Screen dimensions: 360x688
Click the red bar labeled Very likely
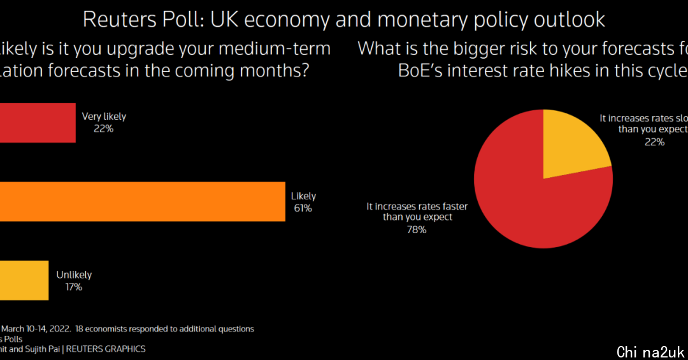(37, 122)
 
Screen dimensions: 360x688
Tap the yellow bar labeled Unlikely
(24, 280)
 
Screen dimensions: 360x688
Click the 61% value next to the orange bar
(303, 208)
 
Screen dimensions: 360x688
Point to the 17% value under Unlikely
(74, 287)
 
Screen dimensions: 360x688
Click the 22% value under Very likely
(104, 128)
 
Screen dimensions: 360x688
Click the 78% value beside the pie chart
(417, 229)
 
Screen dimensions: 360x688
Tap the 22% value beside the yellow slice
(654, 142)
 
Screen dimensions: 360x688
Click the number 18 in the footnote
(80, 329)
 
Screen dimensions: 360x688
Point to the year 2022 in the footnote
(59, 329)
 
